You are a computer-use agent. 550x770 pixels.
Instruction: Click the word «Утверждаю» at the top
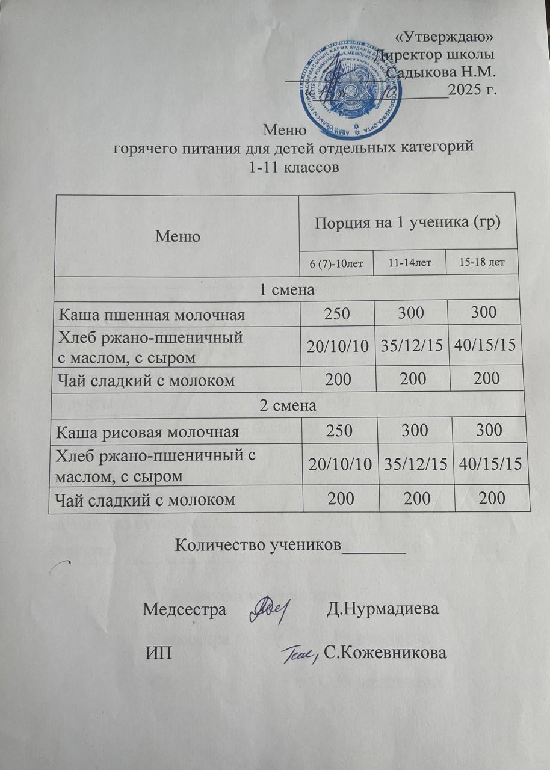click(x=444, y=37)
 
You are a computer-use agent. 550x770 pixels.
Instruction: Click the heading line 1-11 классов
click(x=295, y=167)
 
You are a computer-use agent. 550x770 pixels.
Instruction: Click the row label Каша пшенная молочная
click(x=151, y=313)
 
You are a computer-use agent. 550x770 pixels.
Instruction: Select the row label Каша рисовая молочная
click(x=147, y=431)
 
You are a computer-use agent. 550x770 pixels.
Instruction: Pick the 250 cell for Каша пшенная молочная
click(x=336, y=313)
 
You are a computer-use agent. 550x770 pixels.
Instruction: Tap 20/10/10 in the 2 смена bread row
click(x=336, y=463)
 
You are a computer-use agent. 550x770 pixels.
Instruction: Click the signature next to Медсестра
click(x=270, y=608)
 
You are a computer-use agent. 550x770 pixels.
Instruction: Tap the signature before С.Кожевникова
click(x=299, y=654)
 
